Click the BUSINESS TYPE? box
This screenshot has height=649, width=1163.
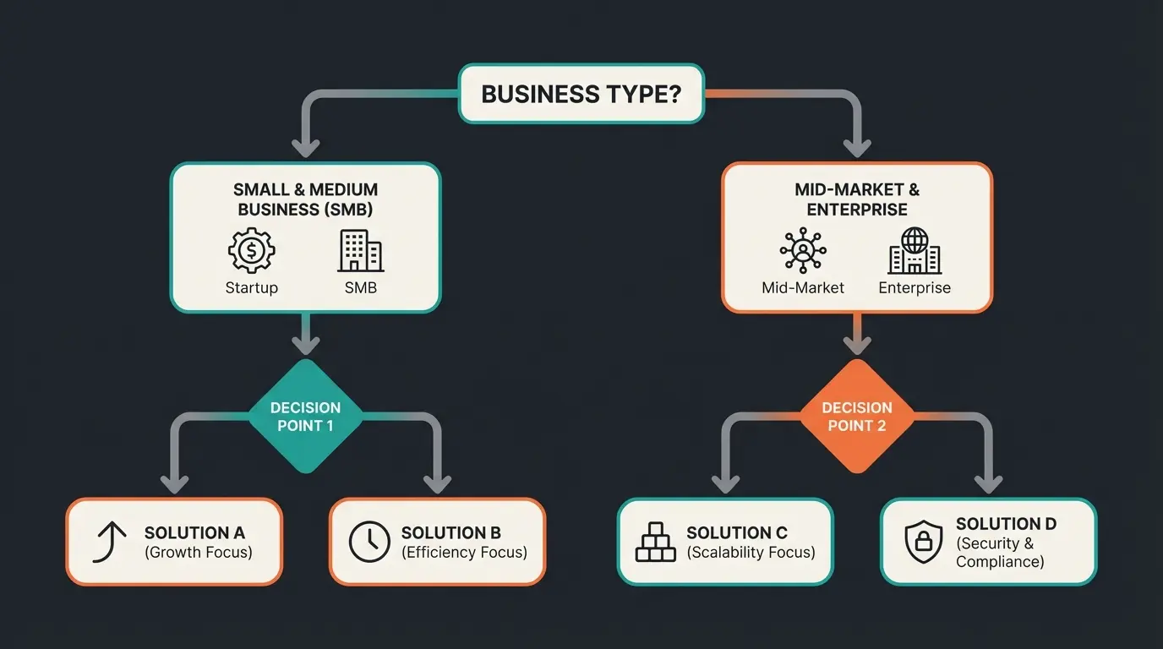[581, 93]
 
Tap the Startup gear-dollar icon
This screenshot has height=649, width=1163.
[252, 251]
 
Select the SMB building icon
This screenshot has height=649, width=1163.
[360, 251]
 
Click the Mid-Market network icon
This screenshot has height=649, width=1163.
[802, 251]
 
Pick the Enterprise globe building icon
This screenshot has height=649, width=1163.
[915, 251]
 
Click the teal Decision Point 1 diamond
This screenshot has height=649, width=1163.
[305, 417]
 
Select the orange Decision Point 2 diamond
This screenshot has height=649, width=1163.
[857, 417]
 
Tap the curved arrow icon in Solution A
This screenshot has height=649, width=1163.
[110, 542]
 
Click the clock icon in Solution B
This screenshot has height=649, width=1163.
[369, 542]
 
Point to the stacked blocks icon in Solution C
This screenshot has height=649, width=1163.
[656, 542]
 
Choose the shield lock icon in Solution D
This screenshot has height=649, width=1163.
[923, 542]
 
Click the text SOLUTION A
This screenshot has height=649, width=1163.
[194, 532]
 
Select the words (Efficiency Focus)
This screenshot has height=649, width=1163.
[464, 553]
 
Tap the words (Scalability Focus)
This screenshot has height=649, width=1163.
[751, 553]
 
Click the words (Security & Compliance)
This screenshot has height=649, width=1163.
[996, 553]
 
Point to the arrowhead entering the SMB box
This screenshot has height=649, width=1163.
[305, 147]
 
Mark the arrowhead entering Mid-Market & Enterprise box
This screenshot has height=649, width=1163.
[857, 147]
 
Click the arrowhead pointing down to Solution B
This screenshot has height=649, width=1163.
[437, 483]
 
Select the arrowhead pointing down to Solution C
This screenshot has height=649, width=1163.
[725, 483]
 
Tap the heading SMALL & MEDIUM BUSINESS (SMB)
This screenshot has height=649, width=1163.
[305, 199]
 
